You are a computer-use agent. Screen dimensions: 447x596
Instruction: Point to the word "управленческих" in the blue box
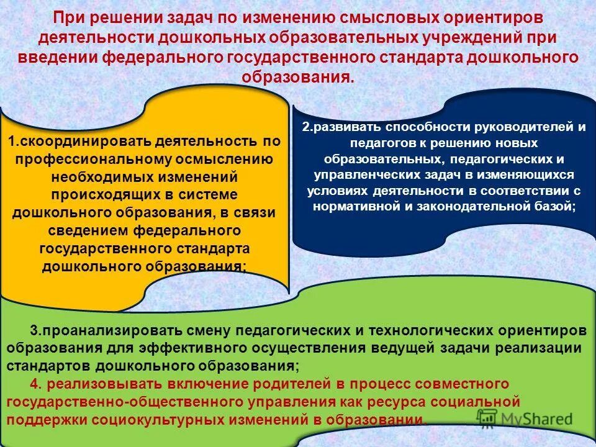[359, 176]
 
